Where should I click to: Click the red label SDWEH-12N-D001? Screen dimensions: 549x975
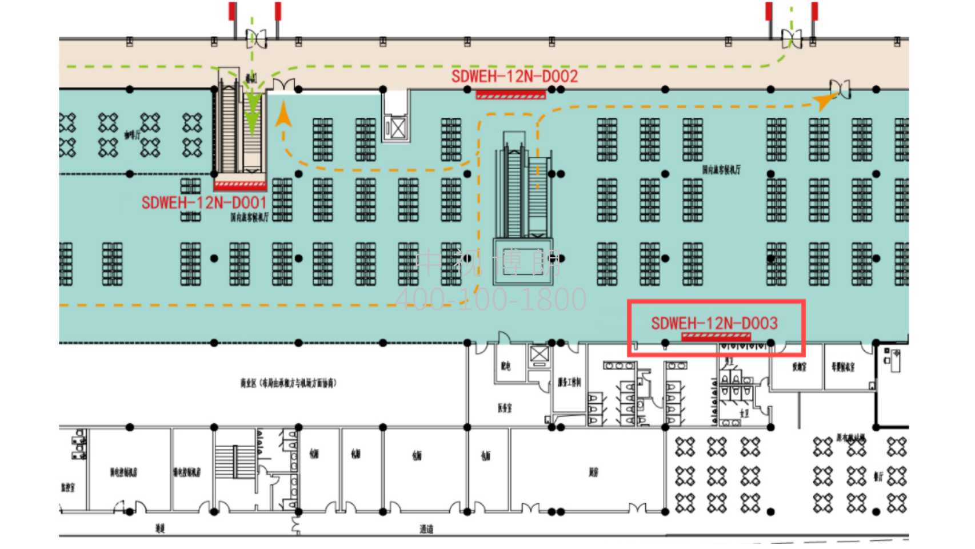pos(204,203)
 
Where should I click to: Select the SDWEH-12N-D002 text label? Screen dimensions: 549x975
pos(514,77)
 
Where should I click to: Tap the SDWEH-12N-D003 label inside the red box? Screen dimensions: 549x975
pos(714,324)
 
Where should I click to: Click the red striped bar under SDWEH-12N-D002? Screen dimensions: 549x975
pos(510,94)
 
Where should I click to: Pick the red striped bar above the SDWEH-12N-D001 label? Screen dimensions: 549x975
pos(240,185)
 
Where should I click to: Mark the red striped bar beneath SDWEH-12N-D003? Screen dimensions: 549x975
pos(716,337)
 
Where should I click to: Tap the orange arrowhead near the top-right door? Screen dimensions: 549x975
pos(824,101)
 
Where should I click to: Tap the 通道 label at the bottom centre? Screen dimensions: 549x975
pos(426,529)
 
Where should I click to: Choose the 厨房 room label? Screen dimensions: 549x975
pos(594,472)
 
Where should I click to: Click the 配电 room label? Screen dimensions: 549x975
pos(506,366)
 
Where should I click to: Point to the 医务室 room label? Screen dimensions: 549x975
pos(505,408)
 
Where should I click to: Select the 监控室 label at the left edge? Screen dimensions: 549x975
pos(67,487)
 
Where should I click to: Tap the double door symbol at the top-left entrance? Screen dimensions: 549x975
pos(256,39)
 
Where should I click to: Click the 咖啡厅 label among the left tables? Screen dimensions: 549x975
pos(132,135)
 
